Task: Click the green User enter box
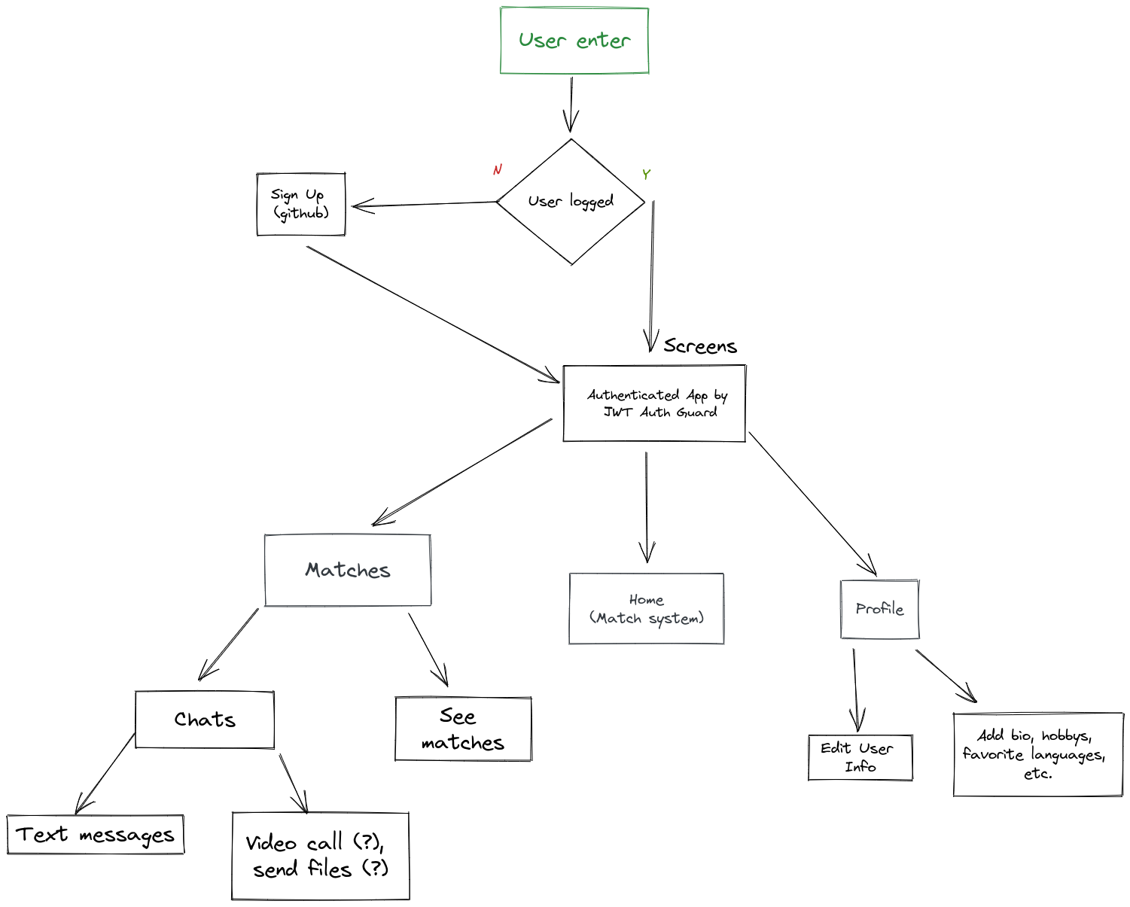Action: (574, 41)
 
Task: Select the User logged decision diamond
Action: (571, 202)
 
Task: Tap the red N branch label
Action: (497, 170)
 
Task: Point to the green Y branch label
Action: (646, 175)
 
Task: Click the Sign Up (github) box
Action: (301, 204)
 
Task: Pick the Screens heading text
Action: (700, 346)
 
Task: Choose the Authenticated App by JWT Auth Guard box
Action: (654, 403)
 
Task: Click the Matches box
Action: (348, 570)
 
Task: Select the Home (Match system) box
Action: (647, 609)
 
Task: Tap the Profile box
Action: (879, 609)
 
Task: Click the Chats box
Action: (205, 720)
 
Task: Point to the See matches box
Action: (463, 729)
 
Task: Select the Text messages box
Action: (96, 835)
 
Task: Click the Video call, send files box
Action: (321, 856)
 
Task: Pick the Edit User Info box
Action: (860, 757)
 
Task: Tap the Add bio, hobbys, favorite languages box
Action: (1037, 754)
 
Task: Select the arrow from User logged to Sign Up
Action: (425, 204)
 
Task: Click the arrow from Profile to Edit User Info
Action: (855, 689)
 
